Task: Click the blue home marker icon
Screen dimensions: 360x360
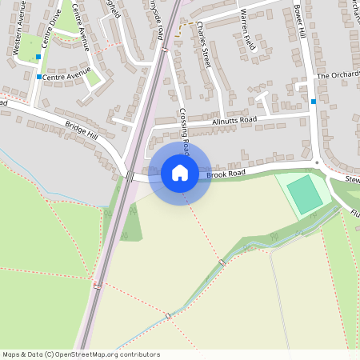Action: click(x=180, y=173)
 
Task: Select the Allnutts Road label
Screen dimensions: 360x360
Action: click(x=234, y=120)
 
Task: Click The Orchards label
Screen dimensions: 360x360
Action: click(x=338, y=75)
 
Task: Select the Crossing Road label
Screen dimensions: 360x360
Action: click(x=183, y=128)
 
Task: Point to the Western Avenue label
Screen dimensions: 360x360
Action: click(x=24, y=36)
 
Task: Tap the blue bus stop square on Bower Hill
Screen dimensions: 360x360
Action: click(x=314, y=102)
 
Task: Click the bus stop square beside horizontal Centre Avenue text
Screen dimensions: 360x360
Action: click(x=38, y=77)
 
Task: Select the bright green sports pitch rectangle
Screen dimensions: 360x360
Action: click(x=304, y=194)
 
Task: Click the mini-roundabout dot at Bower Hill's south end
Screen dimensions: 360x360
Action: click(x=318, y=163)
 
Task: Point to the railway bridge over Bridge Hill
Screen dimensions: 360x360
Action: click(x=130, y=176)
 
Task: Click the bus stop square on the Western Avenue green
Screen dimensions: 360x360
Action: click(x=38, y=58)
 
